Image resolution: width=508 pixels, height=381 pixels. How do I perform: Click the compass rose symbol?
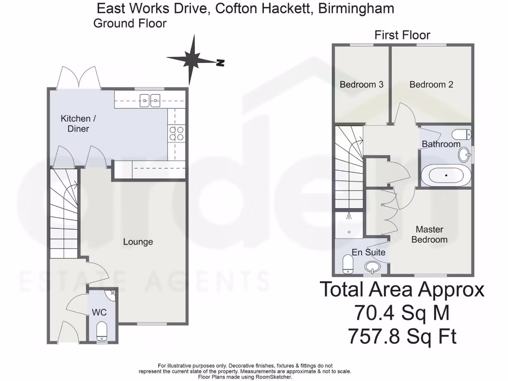191,60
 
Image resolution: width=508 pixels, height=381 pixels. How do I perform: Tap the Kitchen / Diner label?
75,124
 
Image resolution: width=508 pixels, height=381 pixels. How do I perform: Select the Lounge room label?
138,242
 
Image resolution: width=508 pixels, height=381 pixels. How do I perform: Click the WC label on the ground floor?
100,313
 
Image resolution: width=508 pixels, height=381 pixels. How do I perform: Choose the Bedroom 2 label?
431,84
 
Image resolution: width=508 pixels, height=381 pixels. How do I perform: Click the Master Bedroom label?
429,234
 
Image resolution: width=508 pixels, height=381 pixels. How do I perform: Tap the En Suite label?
368,252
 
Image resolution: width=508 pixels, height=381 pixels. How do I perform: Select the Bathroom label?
441,144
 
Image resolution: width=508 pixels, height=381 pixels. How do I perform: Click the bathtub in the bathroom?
445,176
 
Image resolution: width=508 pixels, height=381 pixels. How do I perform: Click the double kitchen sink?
149,101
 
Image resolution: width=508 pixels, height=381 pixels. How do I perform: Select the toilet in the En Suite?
347,264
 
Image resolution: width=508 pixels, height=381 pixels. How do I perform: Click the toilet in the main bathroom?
462,134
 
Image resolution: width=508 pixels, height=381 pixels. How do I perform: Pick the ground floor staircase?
63,213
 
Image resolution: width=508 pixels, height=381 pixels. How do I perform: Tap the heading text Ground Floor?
129,23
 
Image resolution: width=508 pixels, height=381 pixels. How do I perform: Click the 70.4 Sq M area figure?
401,313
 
